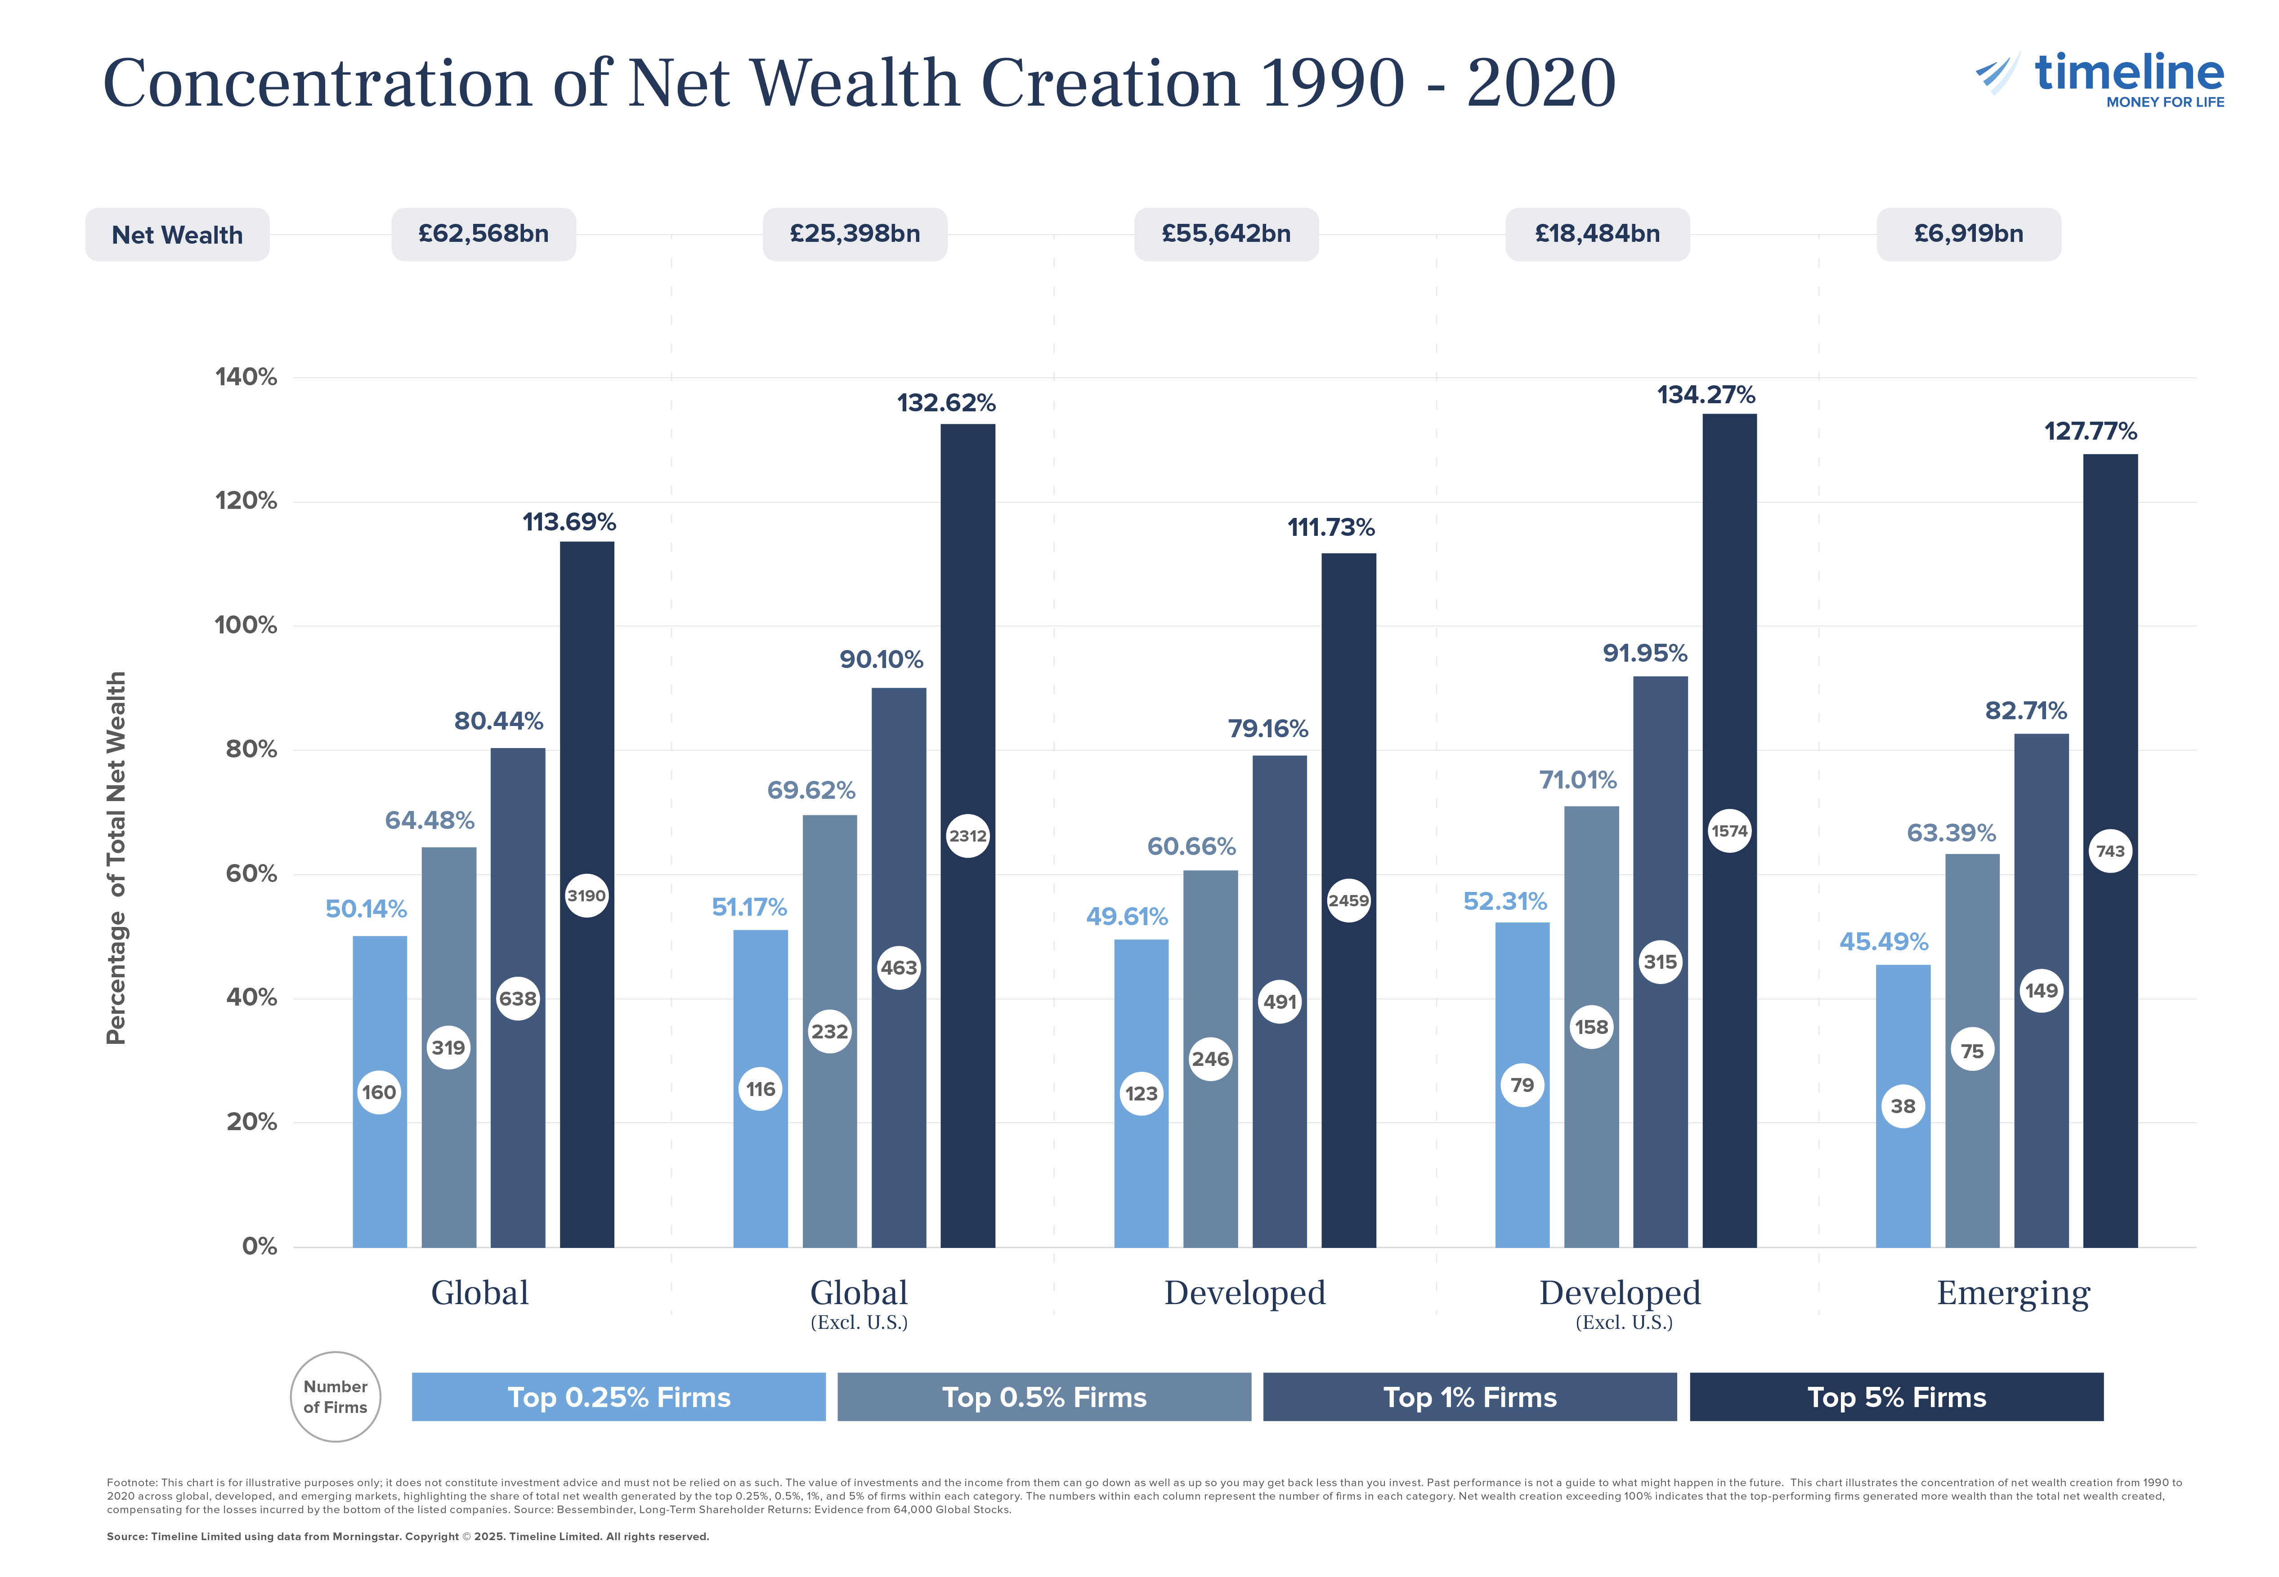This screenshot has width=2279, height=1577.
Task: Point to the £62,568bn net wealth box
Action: coord(483,234)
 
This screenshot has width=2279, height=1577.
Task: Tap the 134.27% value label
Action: coord(1706,395)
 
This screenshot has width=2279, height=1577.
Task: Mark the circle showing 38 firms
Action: coord(1903,1106)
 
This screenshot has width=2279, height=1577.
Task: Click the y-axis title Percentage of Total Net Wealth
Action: coord(116,858)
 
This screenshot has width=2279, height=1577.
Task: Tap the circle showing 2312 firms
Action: coord(967,836)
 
